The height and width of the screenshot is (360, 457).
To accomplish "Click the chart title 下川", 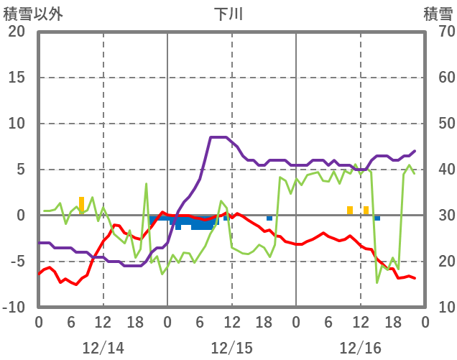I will [231, 14].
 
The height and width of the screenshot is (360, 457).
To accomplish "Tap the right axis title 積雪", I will [437, 14].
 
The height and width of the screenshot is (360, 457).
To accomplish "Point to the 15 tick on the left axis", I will [16, 78].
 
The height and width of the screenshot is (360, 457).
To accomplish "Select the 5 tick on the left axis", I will [21, 170].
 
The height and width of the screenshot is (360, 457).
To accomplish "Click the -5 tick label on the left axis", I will [18, 262].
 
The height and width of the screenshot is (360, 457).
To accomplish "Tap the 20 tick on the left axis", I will [16, 32].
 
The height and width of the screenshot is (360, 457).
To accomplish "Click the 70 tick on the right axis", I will [440, 32].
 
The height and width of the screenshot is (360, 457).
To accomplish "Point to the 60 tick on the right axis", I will [440, 78].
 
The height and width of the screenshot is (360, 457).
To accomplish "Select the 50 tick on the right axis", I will [440, 124].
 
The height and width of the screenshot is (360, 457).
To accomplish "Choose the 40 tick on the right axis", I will [440, 170].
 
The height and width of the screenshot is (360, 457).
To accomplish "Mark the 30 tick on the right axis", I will [440, 216].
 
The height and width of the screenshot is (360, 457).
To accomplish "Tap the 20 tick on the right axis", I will [440, 262].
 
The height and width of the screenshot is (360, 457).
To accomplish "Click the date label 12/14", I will [103, 348].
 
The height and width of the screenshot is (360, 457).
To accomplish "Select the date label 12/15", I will [231, 348].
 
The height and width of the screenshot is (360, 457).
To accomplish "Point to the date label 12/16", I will [360, 348].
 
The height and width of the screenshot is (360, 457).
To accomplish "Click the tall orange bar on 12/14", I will [81, 206].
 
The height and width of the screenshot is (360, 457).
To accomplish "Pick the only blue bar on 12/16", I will [377, 218].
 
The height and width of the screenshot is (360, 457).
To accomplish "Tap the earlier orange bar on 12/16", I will [350, 211].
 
